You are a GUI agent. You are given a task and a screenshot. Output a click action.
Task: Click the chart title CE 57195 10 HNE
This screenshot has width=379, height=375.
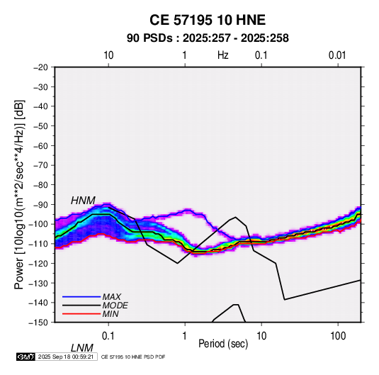pos(208,20)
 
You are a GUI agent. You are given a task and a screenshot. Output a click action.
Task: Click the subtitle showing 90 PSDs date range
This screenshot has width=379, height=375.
pos(208,38)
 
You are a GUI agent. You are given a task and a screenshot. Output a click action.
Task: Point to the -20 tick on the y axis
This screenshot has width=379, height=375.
pos(40,67)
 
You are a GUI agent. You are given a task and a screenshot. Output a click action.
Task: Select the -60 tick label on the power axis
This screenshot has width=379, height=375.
pos(40,145)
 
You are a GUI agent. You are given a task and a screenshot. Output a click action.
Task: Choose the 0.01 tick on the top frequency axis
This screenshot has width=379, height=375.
pos(337,55)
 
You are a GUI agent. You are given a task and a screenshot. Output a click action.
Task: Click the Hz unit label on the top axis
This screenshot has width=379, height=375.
pos(223,55)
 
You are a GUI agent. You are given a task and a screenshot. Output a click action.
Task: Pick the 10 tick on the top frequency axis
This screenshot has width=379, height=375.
pos(108,55)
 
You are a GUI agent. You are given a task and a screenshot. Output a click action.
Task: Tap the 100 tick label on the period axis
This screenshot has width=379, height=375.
pos(338,336)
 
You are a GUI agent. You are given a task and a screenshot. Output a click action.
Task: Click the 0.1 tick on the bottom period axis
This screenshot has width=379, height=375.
pos(108,336)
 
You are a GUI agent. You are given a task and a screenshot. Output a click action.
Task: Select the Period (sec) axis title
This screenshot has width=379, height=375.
pos(223,344)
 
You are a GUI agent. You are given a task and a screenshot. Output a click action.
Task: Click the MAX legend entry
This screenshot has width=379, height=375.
pos(111,297)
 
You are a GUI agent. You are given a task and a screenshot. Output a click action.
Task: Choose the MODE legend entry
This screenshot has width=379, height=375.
pos(115,306)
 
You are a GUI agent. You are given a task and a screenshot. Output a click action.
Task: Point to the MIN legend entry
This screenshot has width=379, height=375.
pos(111,314)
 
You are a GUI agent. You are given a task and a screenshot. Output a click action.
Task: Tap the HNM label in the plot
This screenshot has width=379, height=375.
pos(83,201)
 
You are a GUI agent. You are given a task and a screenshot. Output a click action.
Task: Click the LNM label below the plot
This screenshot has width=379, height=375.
pos(82,348)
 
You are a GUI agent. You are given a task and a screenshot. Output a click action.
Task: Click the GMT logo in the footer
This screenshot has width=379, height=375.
pos(26,357)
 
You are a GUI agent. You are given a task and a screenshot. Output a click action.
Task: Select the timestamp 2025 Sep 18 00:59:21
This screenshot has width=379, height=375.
pos(66,357)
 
